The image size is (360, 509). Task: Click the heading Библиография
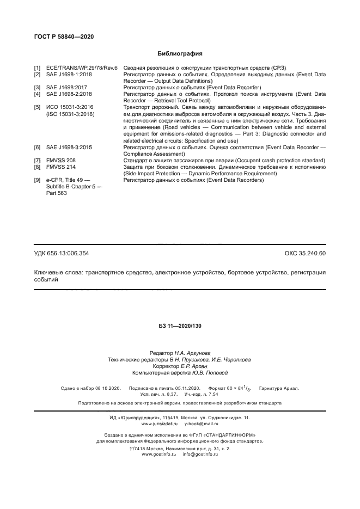(180, 53)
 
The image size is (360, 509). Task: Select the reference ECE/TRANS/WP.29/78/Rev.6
(78, 68)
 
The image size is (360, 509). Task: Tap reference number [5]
(37, 107)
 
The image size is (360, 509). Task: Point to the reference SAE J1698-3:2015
(69, 148)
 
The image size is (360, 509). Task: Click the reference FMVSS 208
(61, 161)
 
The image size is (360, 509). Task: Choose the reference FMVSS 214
(61, 167)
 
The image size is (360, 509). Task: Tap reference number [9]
(37, 180)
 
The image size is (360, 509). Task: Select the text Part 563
(57, 193)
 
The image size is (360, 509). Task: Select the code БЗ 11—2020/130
(180, 326)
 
